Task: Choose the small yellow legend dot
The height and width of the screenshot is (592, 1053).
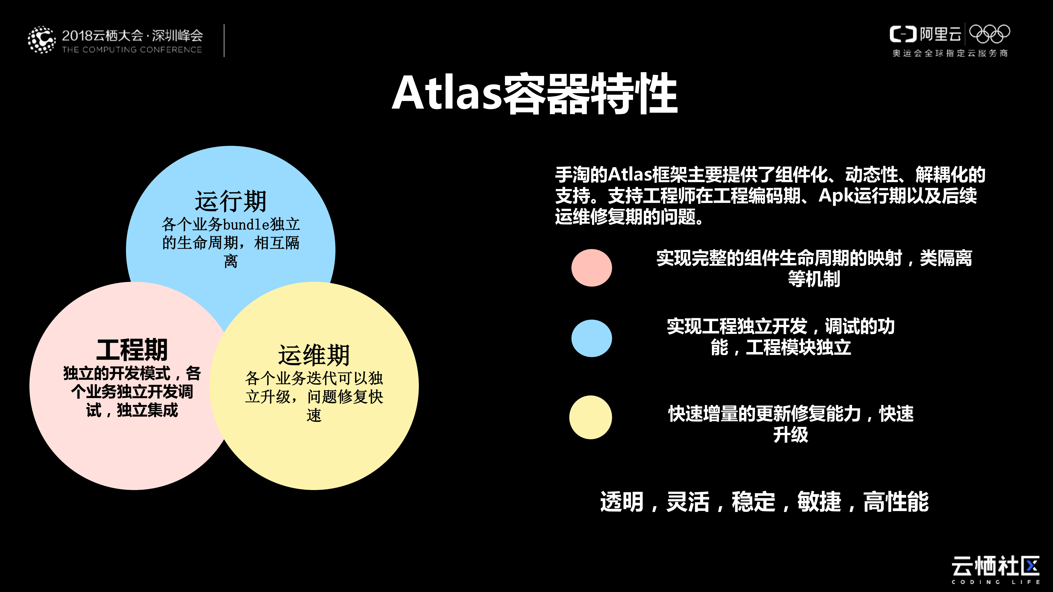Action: pos(590,417)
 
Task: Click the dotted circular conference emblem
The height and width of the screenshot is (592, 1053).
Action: pos(41,40)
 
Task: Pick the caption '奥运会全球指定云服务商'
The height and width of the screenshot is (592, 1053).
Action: pos(950,53)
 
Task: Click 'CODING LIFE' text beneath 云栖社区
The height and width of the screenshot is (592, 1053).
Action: pos(995,582)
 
